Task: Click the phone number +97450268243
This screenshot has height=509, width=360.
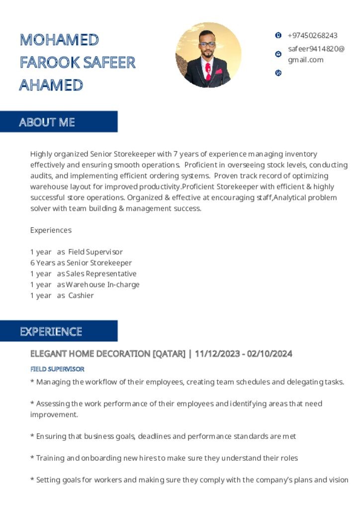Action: point(312,36)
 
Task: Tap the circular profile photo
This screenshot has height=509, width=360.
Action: point(208,55)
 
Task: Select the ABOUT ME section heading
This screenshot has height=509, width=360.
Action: point(47,122)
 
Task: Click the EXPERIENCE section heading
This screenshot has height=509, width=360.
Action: point(51,332)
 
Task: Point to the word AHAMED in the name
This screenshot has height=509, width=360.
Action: point(51,85)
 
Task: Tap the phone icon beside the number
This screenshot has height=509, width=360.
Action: point(278,35)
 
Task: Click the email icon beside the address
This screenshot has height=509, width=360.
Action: point(278,54)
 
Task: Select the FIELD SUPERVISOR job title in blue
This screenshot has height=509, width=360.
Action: point(57,369)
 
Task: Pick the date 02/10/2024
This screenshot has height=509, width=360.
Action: point(270,354)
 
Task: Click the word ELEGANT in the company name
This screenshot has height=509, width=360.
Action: point(49,354)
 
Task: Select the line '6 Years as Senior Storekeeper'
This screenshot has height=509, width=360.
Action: point(81,263)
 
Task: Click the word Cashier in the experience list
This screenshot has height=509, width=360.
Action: point(81,296)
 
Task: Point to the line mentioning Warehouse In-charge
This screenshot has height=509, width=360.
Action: point(85,285)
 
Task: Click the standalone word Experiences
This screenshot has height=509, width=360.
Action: point(51,230)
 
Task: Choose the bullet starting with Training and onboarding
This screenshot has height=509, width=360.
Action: point(164,458)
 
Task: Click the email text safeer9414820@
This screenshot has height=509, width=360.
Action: point(316,49)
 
